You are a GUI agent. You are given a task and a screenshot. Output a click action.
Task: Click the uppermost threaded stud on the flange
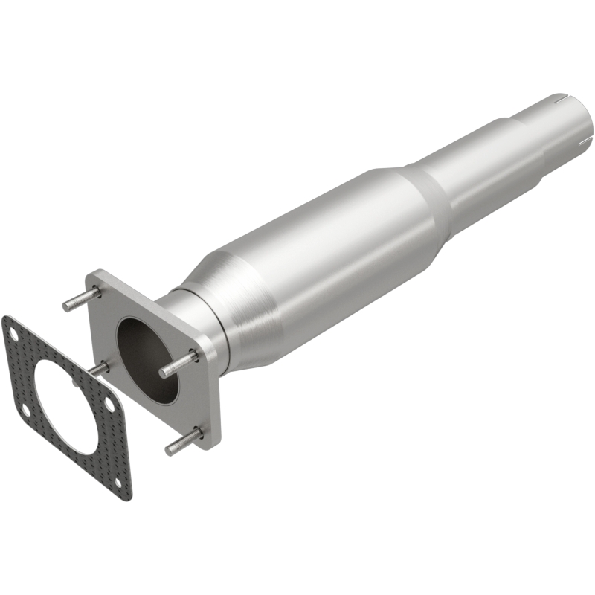coord(80,299)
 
